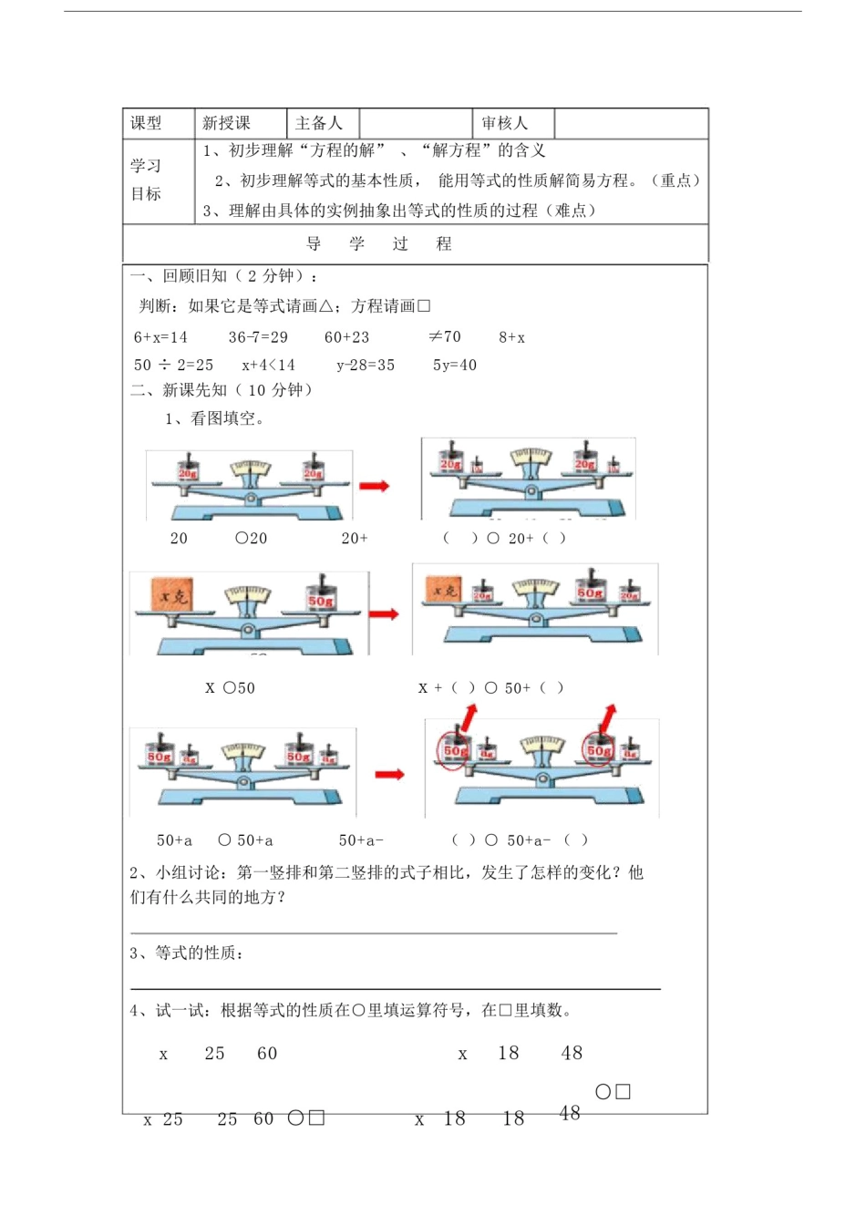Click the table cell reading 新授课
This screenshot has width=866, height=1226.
coord(226,123)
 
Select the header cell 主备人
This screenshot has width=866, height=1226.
coord(319,123)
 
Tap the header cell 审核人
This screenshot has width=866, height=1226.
coord(504,123)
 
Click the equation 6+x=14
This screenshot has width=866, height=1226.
coord(160,337)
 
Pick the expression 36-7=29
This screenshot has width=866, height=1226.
coord(258,337)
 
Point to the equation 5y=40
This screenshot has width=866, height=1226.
coord(455,366)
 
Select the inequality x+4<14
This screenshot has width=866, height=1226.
coord(269,366)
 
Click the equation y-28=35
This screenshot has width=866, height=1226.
coord(366,366)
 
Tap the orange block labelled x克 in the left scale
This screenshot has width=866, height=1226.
coord(172,596)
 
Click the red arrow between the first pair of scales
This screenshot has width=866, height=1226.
coord(374,486)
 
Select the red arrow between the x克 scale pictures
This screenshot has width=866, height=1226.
coord(384,613)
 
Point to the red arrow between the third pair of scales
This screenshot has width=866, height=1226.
coord(389,775)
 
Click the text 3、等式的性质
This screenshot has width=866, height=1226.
coord(186,953)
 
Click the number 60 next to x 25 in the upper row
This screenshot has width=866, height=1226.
coord(267,1054)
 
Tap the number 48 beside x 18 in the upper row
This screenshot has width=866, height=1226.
coord(572,1053)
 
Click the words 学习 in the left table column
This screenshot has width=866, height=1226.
coord(146,166)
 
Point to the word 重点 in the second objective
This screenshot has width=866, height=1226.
coord(675,180)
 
